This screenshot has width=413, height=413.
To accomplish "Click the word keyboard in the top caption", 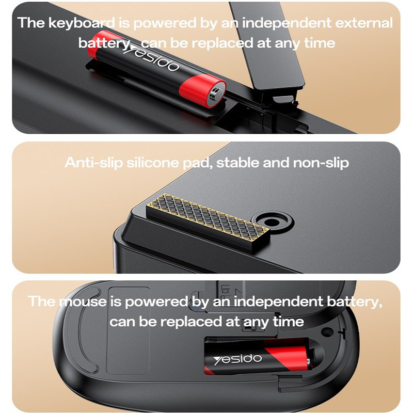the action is [82, 23].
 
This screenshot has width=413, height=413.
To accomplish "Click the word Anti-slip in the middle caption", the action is [94, 163].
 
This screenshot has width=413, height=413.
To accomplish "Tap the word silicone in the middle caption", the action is [153, 162].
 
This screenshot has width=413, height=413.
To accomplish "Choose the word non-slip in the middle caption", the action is [321, 163].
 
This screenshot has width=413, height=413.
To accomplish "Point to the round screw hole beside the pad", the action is [272, 222].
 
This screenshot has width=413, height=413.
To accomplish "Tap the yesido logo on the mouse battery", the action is [237, 359].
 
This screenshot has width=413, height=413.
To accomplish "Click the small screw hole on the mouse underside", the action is [327, 332].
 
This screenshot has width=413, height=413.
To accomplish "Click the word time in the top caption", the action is [320, 43].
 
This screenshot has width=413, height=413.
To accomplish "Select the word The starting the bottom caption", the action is [41, 301].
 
